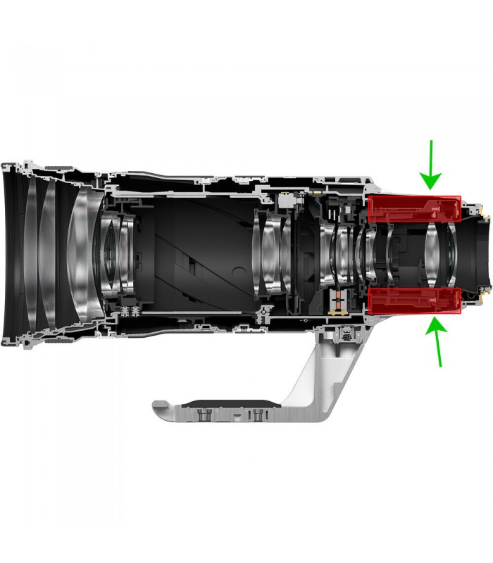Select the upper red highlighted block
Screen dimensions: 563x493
(414, 209)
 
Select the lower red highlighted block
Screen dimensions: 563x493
(414, 299)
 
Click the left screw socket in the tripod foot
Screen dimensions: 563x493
(206, 416)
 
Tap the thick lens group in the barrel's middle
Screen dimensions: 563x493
(271, 253)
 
